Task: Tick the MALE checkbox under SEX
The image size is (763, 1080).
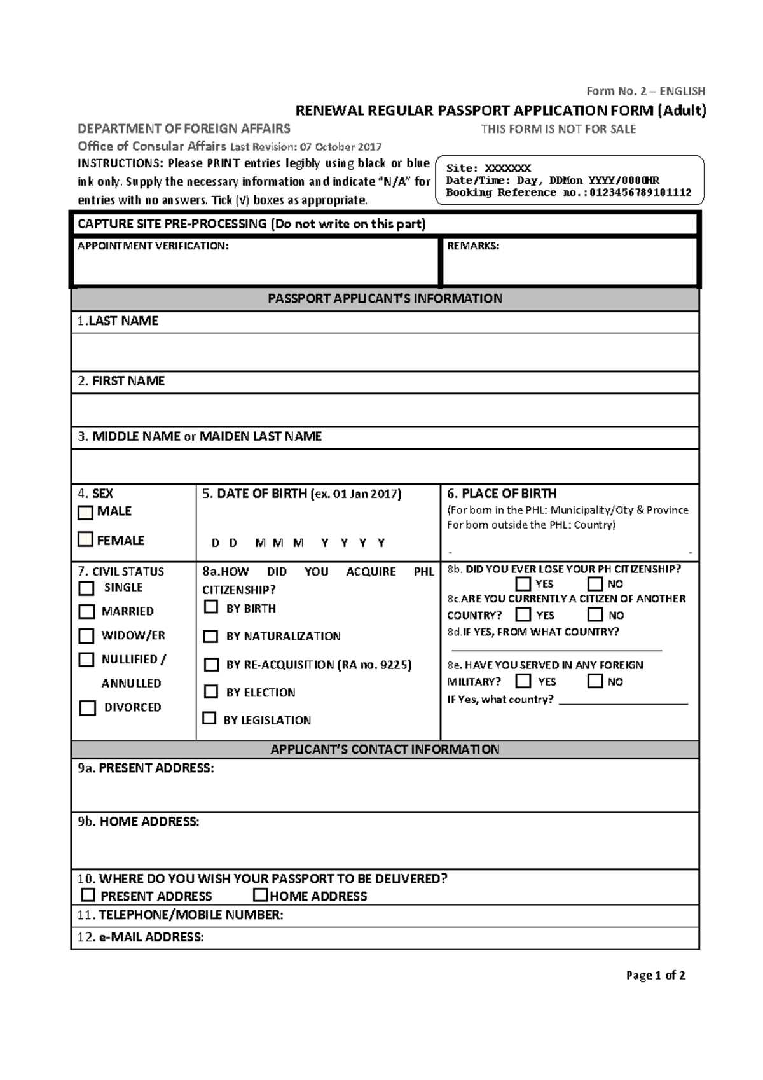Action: pos(85,512)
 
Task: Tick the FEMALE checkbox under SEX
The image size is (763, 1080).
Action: pos(85,539)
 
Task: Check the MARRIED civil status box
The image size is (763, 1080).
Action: pos(86,611)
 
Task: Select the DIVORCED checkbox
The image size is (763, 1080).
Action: pos(88,708)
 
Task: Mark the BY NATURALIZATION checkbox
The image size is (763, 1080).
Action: pos(210,636)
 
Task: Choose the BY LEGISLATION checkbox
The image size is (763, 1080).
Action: pos(209,718)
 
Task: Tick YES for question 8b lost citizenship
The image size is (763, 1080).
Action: pos(523,583)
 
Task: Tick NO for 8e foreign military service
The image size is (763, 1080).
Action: pos(595,681)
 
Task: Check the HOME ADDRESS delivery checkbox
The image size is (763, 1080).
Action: pos(260,895)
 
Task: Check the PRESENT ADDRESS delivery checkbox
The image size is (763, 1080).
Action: pos(88,895)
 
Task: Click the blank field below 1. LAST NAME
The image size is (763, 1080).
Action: pos(385,352)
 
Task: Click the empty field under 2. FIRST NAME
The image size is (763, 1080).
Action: pos(385,410)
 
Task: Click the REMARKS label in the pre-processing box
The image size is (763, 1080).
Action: pos(473,246)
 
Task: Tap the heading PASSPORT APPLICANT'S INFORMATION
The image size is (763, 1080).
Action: pos(385,299)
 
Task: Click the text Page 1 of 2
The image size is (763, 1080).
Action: pos(655,975)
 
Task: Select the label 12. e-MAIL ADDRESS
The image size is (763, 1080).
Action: pos(141,937)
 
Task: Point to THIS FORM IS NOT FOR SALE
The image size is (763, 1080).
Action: pos(558,129)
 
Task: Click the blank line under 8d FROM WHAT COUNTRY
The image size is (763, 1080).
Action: pos(556,648)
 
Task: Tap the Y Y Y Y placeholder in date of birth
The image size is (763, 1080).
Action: pos(353,543)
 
